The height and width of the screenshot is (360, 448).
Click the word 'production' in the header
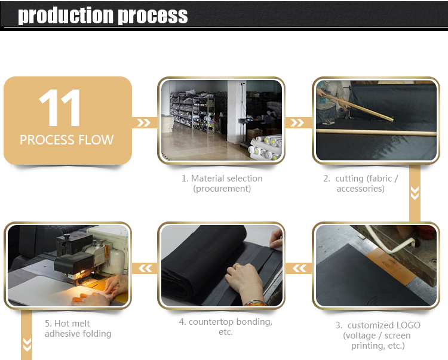pyautogui.click(x=66, y=16)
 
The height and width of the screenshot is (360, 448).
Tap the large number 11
pyautogui.click(x=59, y=107)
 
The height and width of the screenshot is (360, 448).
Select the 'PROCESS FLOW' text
pyautogui.click(x=66, y=140)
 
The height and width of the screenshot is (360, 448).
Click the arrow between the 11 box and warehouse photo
pyautogui.click(x=143, y=123)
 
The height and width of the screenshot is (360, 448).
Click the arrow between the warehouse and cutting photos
pyautogui.click(x=297, y=123)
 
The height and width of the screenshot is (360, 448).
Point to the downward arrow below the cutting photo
pyautogui.click(x=415, y=193)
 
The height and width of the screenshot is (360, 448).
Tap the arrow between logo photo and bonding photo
pyautogui.click(x=299, y=269)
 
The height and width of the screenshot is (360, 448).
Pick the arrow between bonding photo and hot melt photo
pyautogui.click(x=145, y=269)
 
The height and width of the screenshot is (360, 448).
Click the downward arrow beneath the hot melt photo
pyautogui.click(x=27, y=344)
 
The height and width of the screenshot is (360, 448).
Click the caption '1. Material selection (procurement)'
pyautogui.click(x=222, y=183)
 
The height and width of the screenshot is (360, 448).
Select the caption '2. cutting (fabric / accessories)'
pyautogui.click(x=361, y=183)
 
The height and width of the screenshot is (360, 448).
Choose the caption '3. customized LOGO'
pyautogui.click(x=378, y=325)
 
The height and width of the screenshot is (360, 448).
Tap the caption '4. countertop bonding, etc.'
pyautogui.click(x=226, y=327)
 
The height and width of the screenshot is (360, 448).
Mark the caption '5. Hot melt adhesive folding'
pyautogui.click(x=78, y=328)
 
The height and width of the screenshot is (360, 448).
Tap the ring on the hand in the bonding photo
pyautogui.click(x=237, y=266)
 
